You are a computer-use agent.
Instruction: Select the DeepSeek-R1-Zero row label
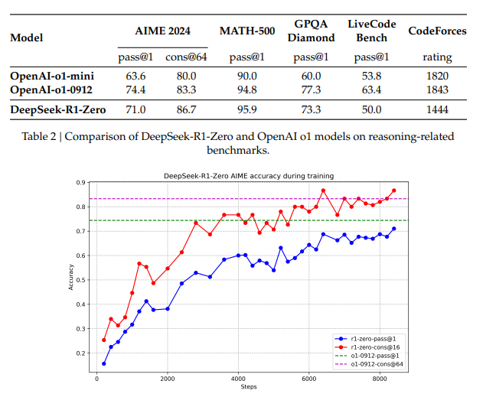pos(57,110)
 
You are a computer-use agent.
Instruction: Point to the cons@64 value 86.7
pos(181,110)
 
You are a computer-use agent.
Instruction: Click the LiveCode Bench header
pos(372,31)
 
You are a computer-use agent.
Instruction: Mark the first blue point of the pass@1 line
pos(103,364)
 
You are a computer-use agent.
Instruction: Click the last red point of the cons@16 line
pos(394,190)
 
